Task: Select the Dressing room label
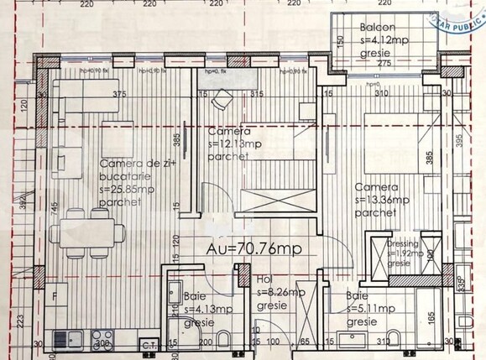[x=405, y=244]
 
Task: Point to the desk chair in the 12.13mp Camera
[x=219, y=98]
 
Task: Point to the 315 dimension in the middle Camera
[x=257, y=95]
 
